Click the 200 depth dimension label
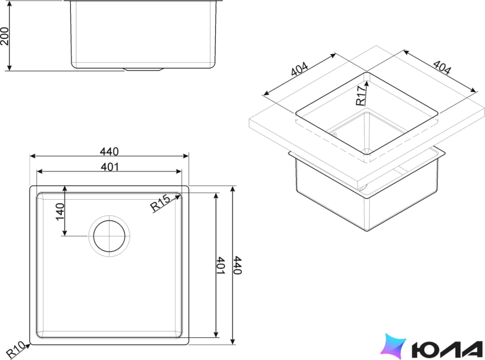[x=5, y=36]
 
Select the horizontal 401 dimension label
[x=110, y=167]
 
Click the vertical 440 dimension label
[x=237, y=265]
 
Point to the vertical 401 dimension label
[x=220, y=265]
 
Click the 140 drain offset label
[x=60, y=212]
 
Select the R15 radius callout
[x=160, y=203]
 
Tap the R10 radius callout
[x=15, y=350]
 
